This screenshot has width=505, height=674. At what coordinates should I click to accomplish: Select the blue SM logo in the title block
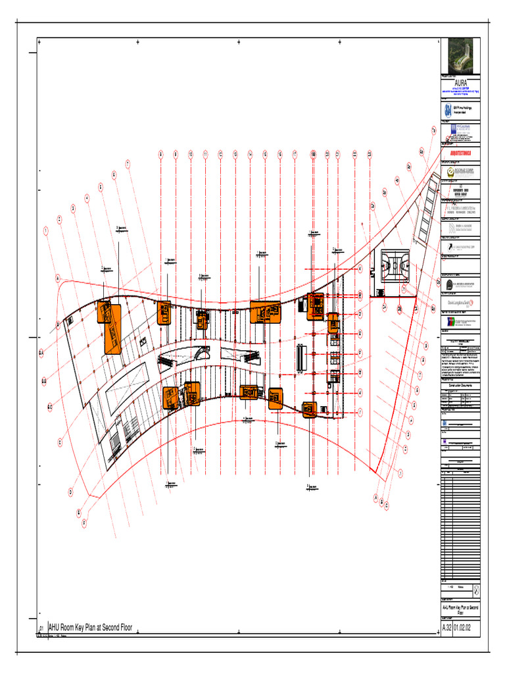[448, 111]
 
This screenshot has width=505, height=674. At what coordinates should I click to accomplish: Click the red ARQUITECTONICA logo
[460, 152]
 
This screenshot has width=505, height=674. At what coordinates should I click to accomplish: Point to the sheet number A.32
[446, 629]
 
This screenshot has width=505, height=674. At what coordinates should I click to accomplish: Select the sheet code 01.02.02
[468, 629]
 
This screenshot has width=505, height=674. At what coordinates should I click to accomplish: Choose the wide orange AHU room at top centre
[265, 311]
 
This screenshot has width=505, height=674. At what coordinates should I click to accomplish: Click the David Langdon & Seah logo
[460, 301]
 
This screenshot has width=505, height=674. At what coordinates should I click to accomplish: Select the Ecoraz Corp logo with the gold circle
[460, 172]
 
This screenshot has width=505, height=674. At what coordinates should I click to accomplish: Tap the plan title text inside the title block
[460, 609]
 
